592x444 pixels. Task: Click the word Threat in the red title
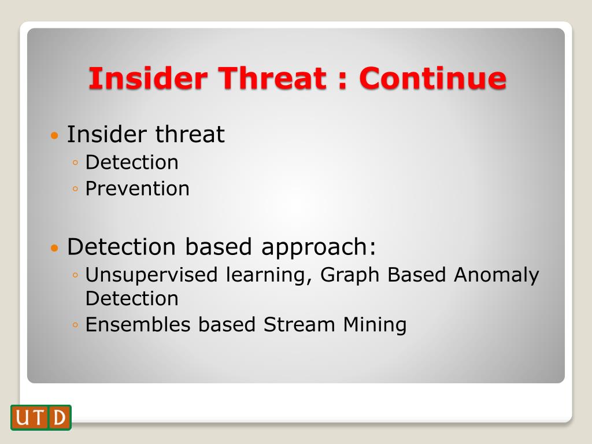coord(272,78)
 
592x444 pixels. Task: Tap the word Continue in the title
coord(432,78)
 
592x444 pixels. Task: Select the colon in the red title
coord(342,79)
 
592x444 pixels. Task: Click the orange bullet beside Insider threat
coord(55,135)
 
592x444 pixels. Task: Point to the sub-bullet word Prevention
coord(138,188)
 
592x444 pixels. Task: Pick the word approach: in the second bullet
coord(319,247)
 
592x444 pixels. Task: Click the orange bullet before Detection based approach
coord(55,247)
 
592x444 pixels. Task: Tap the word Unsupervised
coord(151,275)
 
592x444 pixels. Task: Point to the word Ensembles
coord(138,324)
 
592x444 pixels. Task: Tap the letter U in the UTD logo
coord(22,417)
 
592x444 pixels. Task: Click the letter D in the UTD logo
coord(60,417)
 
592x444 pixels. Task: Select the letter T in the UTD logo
coord(39,417)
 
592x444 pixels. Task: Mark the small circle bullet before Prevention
coord(75,189)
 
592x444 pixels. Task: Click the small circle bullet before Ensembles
coord(75,325)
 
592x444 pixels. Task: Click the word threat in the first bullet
coord(190,134)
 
